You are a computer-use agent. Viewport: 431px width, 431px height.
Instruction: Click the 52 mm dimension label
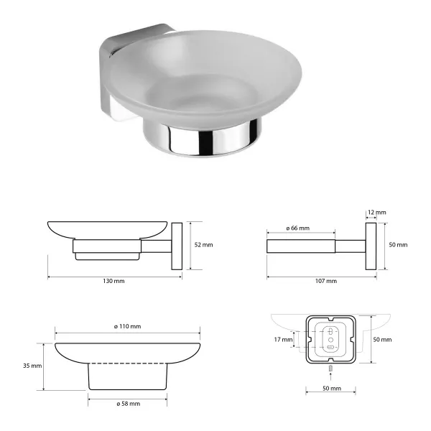203,245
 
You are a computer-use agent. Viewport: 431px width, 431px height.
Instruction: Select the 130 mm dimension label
113,281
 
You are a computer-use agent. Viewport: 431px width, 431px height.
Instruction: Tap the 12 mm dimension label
377,212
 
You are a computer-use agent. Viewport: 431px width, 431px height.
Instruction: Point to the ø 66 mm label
297,228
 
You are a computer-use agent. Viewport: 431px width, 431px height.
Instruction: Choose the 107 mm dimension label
326,281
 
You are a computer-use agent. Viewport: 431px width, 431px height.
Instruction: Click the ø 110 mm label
127,326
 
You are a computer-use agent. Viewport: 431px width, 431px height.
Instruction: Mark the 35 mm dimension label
32,366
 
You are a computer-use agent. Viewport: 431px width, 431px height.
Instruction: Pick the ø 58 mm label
128,404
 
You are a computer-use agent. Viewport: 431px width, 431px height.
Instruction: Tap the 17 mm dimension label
283,340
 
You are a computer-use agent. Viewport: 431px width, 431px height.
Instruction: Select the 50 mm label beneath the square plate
332,388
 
